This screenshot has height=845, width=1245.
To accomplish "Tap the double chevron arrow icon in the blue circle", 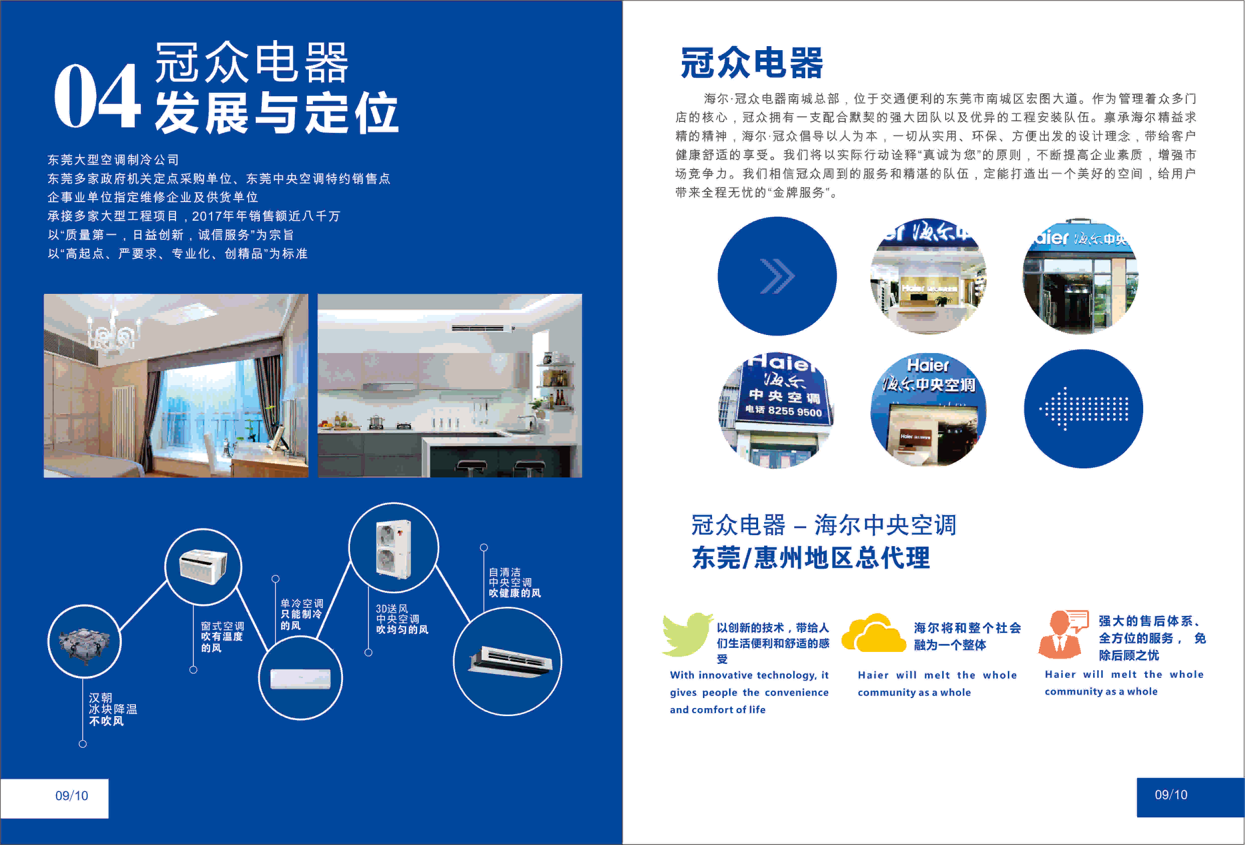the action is [x=777, y=276].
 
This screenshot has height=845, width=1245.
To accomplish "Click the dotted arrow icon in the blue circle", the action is [x=1083, y=409].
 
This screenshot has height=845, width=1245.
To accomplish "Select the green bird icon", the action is [x=687, y=635].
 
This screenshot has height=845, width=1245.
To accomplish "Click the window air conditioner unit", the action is [x=203, y=566].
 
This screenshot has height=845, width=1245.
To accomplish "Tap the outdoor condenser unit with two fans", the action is [x=394, y=549].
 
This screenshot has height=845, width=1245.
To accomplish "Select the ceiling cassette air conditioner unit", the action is [x=509, y=661].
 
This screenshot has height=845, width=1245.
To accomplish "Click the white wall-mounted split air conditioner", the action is [x=300, y=679].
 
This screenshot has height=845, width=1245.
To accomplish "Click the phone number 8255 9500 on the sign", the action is [x=794, y=411].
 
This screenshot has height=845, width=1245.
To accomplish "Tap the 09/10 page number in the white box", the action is [x=72, y=796].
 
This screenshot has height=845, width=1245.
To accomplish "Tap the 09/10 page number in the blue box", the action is [x=1171, y=795].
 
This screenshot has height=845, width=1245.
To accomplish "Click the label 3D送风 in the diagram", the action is [x=392, y=609].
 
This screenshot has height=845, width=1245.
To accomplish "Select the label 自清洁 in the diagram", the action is [x=504, y=572].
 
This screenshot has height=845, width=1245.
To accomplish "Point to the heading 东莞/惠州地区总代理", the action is [x=811, y=558].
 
